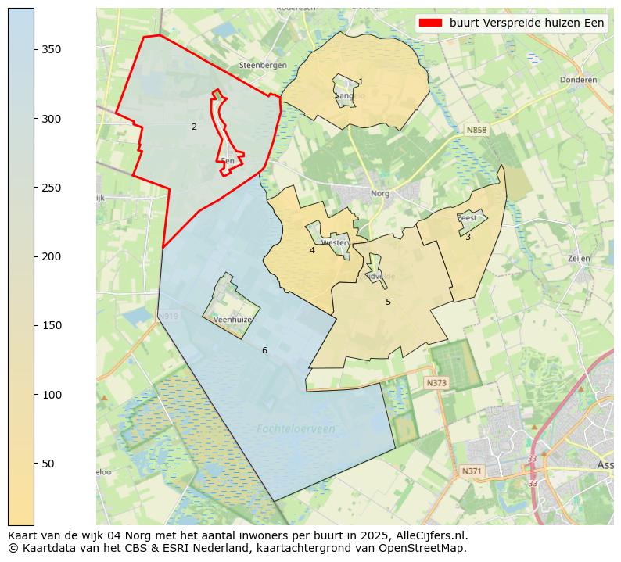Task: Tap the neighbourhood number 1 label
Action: pyautogui.click(x=361, y=81)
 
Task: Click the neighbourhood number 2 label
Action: pyautogui.click(x=194, y=127)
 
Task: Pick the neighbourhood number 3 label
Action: pyautogui.click(x=468, y=237)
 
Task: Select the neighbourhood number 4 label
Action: pyautogui.click(x=312, y=250)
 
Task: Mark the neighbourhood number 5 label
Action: pyautogui.click(x=388, y=302)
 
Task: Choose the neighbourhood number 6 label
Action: pyautogui.click(x=264, y=350)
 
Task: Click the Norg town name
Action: pyautogui.click(x=380, y=193)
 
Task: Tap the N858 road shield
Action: pyautogui.click(x=476, y=130)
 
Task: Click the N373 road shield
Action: pyautogui.click(x=436, y=383)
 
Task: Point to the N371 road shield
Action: pyautogui.click(x=472, y=471)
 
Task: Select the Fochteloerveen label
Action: pyautogui.click(x=296, y=429)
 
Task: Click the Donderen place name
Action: pyautogui.click(x=578, y=80)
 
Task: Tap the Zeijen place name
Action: pyautogui.click(x=579, y=258)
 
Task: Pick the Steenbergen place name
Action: pyautogui.click(x=264, y=66)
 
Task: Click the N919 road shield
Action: pyautogui.click(x=168, y=317)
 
